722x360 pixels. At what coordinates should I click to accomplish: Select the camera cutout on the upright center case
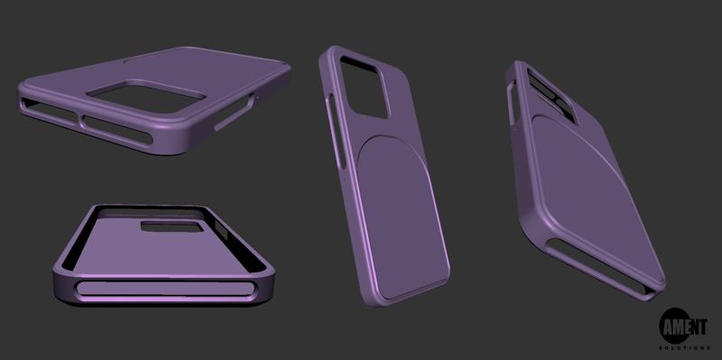point(365,86)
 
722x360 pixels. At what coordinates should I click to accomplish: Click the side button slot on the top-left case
point(233,117)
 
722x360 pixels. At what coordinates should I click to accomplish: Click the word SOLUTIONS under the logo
point(686,346)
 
